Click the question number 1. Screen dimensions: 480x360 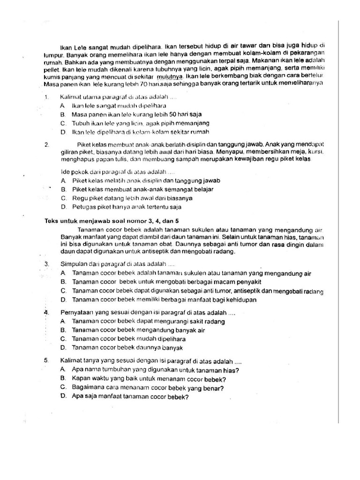pyautogui.click(x=46, y=97)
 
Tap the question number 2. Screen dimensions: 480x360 pyautogui.click(x=46, y=145)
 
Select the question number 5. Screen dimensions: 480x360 pyautogui.click(x=46, y=361)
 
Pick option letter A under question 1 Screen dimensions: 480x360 pyautogui.click(x=62, y=106)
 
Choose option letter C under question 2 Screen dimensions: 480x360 pyautogui.click(x=63, y=198)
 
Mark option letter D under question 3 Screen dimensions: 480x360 pyautogui.click(x=63, y=300)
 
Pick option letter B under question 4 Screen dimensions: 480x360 pyautogui.click(x=63, y=330)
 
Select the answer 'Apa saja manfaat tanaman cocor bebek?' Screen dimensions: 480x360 pyautogui.click(x=130, y=397)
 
